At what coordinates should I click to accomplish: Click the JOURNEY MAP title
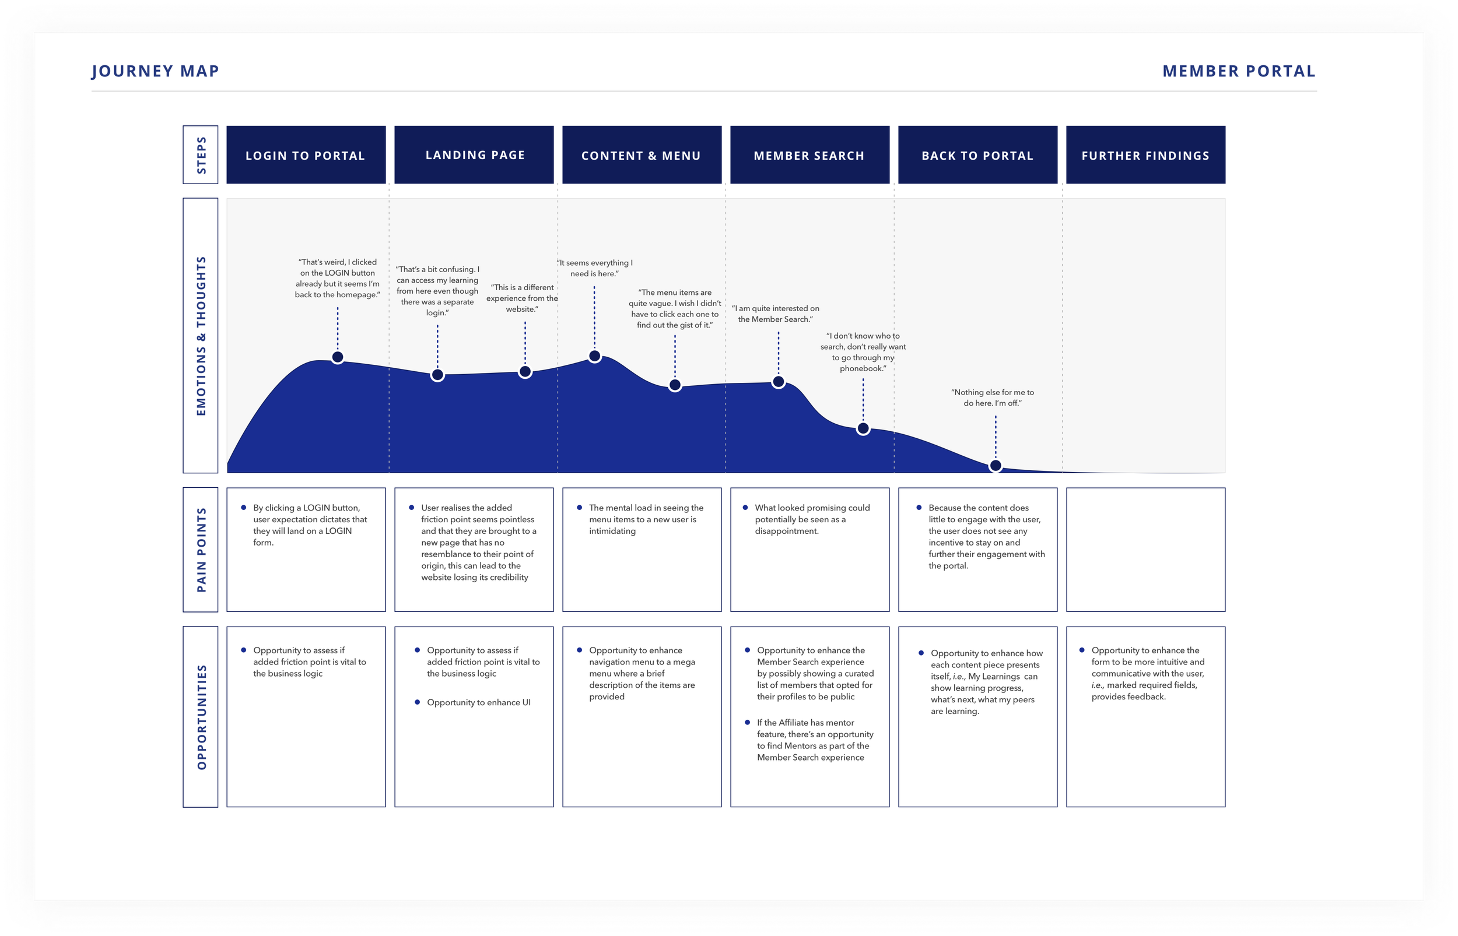(x=155, y=71)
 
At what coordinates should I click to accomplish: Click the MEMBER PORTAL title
(x=1239, y=71)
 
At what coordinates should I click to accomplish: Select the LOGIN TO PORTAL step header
(x=306, y=155)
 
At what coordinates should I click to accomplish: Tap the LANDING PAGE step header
(x=474, y=155)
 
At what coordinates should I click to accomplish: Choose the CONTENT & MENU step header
(x=642, y=155)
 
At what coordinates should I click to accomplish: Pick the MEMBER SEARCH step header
(x=809, y=155)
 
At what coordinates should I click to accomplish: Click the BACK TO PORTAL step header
(x=977, y=155)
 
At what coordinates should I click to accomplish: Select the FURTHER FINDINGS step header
(x=1145, y=155)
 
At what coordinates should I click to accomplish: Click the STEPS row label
(x=201, y=155)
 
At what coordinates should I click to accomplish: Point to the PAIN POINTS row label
(x=201, y=550)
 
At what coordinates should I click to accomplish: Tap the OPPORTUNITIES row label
(x=201, y=717)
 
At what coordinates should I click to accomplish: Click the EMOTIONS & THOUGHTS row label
(x=201, y=336)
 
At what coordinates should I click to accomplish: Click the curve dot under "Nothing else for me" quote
(x=996, y=466)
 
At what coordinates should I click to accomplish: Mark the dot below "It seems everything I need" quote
(x=595, y=356)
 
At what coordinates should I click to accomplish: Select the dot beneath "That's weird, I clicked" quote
(x=338, y=357)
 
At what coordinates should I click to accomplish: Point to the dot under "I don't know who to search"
(x=863, y=428)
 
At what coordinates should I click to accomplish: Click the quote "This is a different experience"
(x=523, y=298)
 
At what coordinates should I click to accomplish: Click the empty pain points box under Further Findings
(x=1145, y=550)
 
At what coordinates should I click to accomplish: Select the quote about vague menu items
(x=675, y=309)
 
